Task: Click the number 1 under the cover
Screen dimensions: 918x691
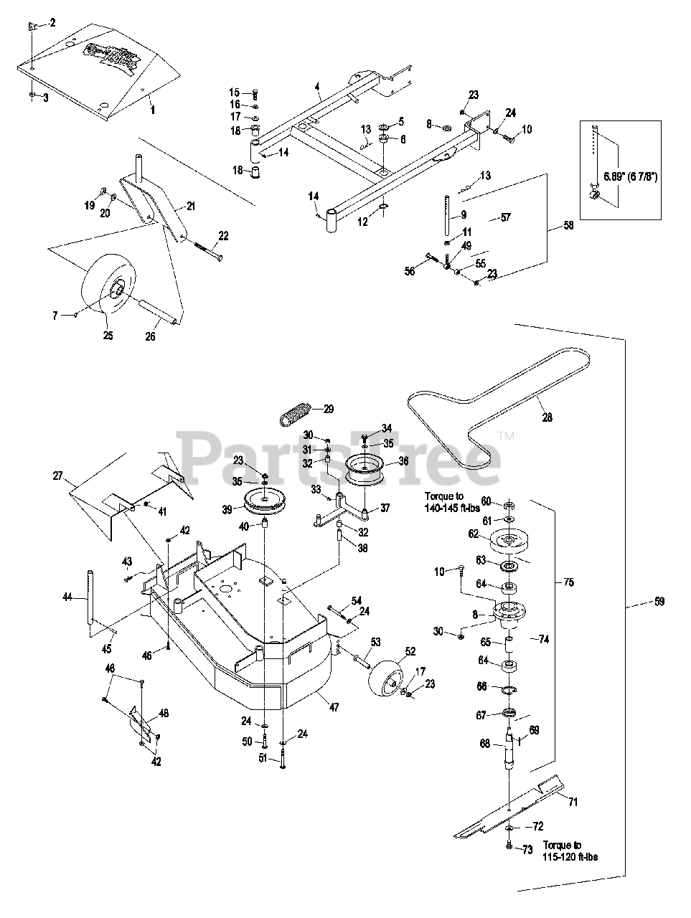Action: click(152, 111)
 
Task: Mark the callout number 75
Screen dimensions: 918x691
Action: click(568, 582)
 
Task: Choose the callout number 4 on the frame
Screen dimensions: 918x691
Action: click(316, 87)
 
